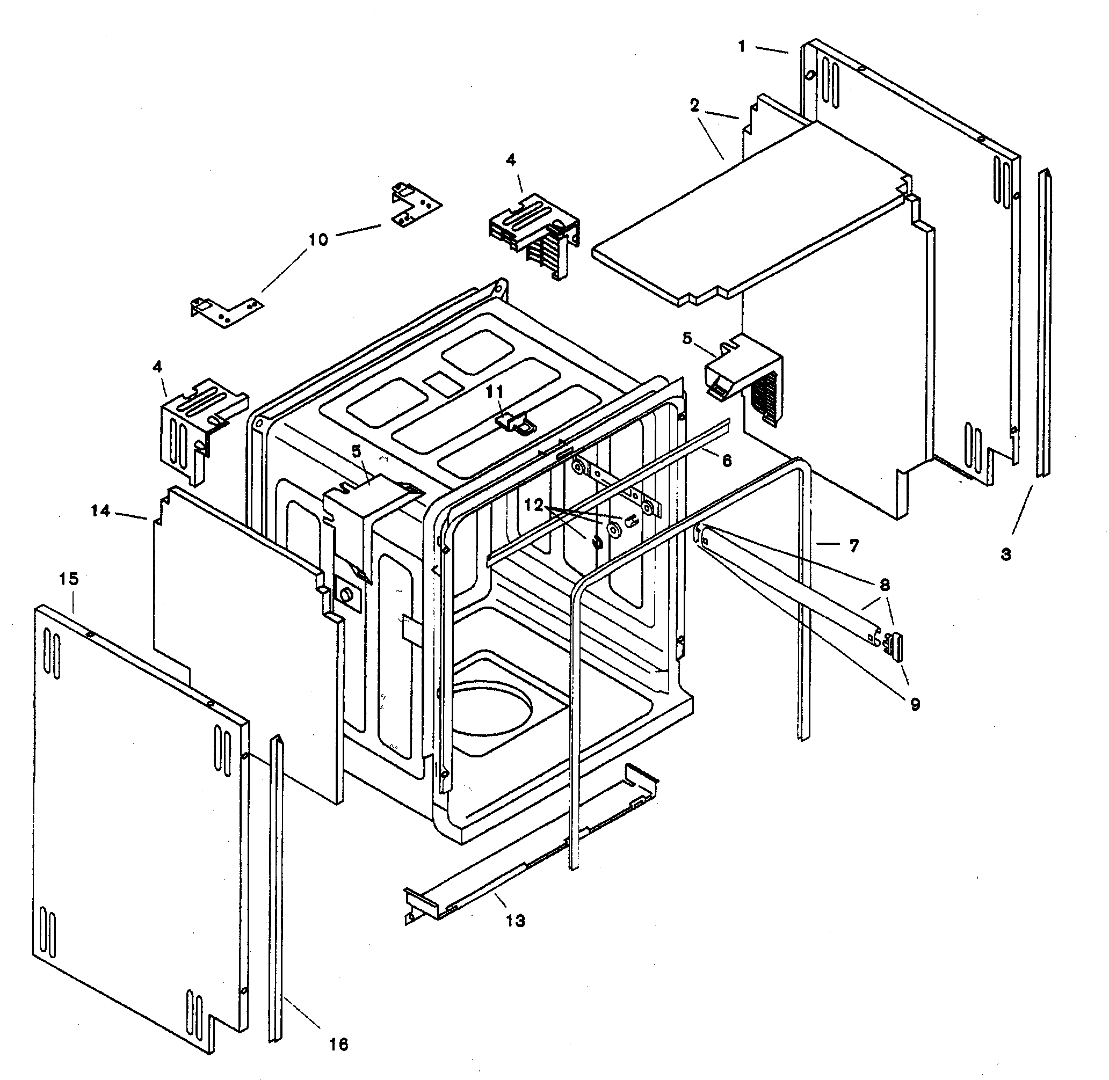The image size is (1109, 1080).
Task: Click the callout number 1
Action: coord(742,47)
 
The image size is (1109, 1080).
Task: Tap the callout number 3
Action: coord(1006,554)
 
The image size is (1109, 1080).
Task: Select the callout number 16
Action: coord(339,1044)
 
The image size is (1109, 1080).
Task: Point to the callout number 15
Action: coord(68,579)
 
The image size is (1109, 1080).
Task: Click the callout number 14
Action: coord(100,511)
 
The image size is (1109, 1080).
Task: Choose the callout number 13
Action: coord(516,921)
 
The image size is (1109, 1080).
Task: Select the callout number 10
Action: coord(318,240)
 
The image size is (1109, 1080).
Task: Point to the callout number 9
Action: coord(915,704)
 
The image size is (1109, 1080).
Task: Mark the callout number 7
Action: coord(854,546)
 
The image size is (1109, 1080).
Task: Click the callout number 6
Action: coord(727,460)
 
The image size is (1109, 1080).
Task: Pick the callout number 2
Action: coord(695,106)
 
